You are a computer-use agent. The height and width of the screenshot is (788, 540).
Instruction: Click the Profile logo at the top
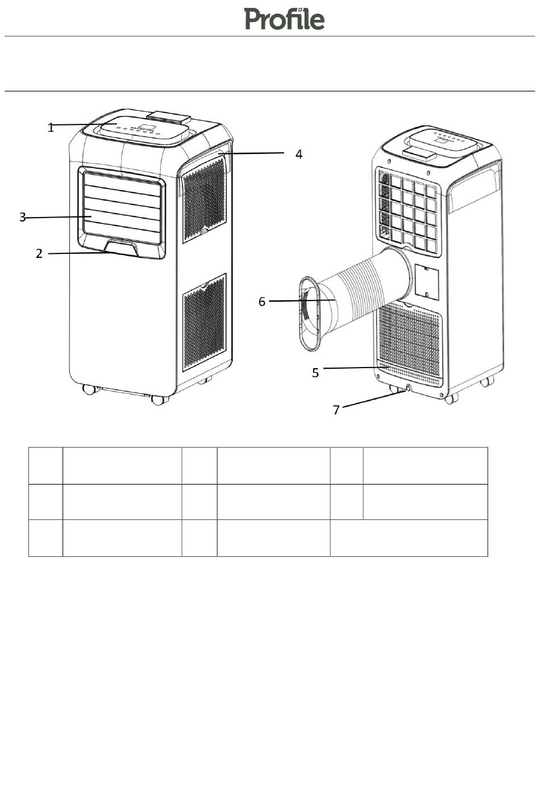285,19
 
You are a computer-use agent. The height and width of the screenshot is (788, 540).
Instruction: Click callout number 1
51,128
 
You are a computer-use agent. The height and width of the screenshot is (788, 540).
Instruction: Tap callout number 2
39,253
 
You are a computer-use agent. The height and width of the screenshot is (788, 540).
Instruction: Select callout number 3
23,217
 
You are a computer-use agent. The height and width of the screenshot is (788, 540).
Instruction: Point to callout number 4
299,154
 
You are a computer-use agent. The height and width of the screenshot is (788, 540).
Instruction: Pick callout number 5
315,372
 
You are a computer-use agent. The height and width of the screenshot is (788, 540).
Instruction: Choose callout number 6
262,302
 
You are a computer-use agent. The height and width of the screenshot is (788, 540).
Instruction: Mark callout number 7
337,410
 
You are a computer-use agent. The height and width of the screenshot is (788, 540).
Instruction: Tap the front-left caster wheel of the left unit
89,390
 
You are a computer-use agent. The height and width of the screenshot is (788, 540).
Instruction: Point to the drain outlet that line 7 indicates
408,389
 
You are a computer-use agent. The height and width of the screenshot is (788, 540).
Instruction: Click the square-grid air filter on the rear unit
408,210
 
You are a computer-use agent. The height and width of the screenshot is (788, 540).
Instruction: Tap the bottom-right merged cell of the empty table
408,537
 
